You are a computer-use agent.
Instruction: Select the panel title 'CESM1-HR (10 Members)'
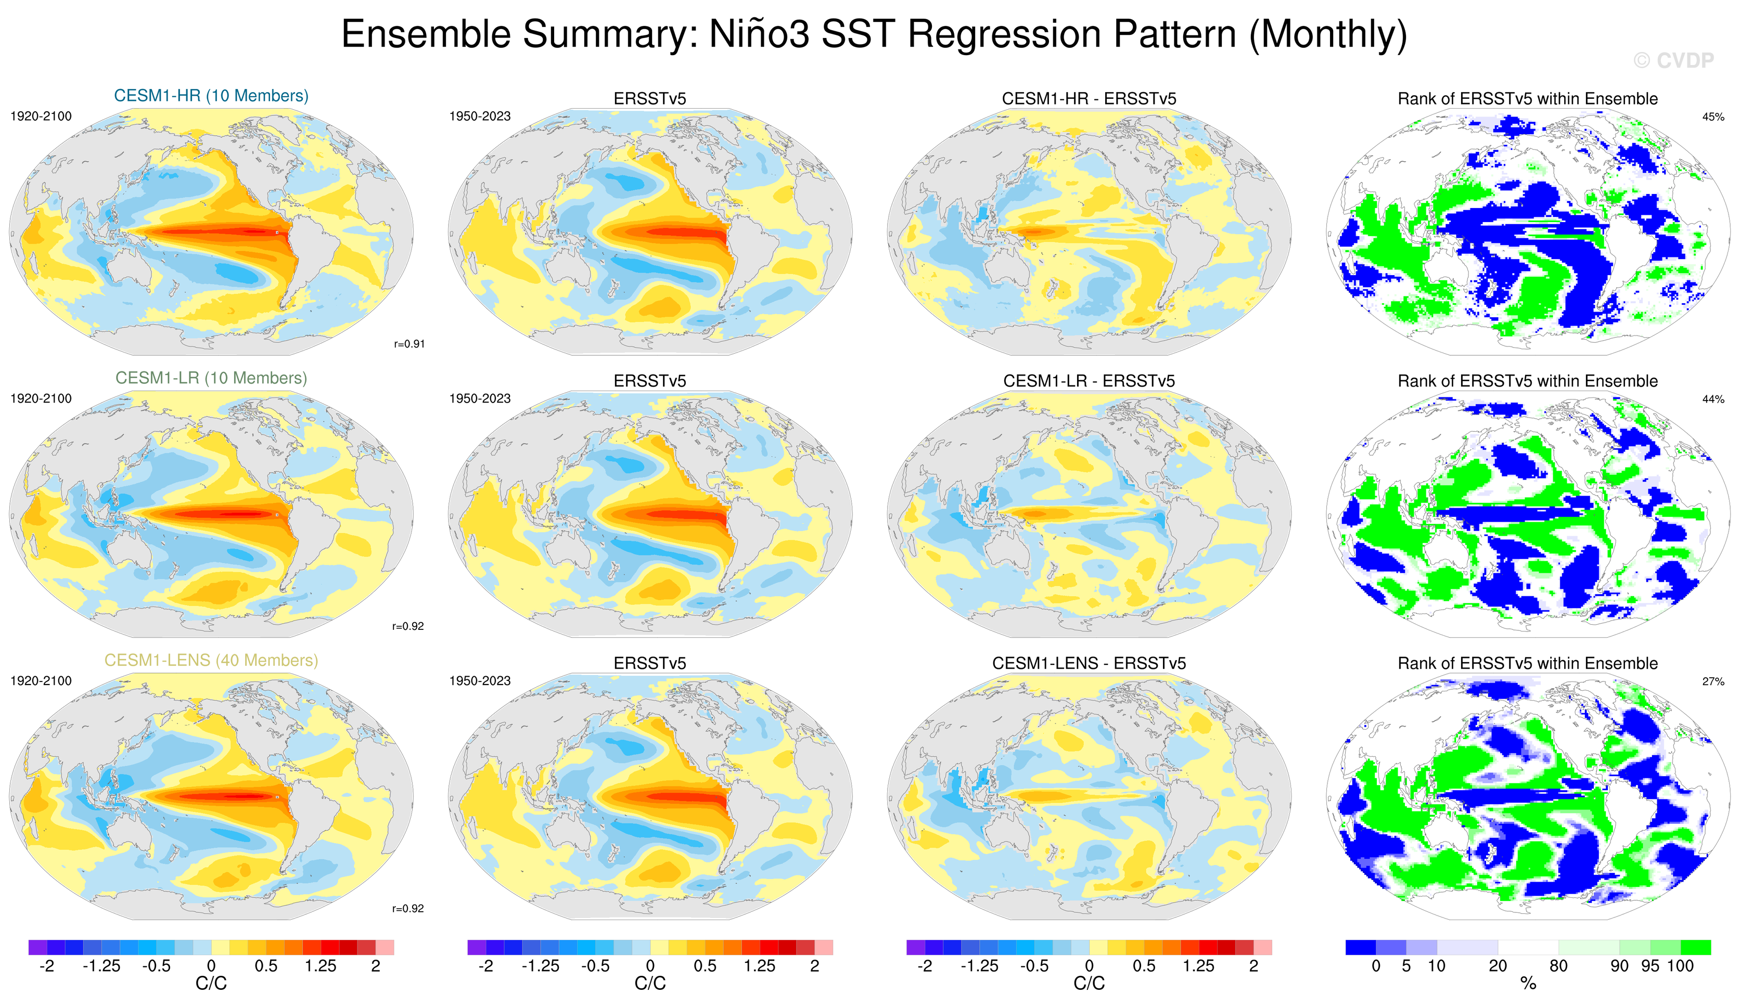[211, 96]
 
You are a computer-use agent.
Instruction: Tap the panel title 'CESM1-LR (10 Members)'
[211, 378]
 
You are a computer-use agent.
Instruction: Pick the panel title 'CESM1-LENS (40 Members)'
[211, 661]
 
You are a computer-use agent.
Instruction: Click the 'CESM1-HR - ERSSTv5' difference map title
[1089, 99]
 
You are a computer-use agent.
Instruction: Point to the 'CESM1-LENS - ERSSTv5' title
[1089, 663]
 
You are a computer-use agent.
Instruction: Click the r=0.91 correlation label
[409, 344]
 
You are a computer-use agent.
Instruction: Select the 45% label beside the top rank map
[1713, 117]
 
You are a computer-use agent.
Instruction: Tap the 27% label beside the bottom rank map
[1713, 681]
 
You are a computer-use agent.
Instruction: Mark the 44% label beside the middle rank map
[1713, 399]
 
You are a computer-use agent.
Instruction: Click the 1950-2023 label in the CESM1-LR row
[480, 399]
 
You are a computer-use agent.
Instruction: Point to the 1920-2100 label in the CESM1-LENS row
[41, 681]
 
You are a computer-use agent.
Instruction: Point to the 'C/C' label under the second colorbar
[650, 984]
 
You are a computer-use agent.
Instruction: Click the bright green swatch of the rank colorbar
[1696, 947]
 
